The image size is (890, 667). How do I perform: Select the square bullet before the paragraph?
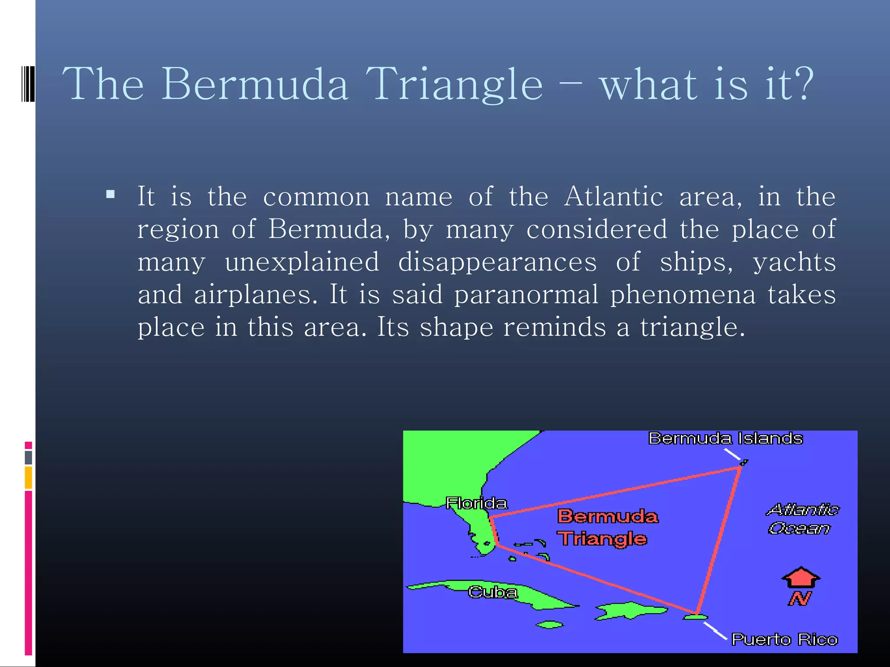110,194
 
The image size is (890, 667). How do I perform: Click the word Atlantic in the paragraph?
613,196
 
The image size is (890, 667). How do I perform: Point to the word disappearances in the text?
497,262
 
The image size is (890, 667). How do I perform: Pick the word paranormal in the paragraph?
526,295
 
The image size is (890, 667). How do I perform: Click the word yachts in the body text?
794,262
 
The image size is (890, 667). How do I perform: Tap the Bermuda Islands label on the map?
725,439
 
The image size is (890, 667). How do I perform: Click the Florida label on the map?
476,503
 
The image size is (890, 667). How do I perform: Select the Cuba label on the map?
493,592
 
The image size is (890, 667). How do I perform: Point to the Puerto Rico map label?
784,640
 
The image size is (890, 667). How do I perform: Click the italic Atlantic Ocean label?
802,519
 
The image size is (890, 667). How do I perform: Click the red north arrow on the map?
800,578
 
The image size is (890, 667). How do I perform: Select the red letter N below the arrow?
799,599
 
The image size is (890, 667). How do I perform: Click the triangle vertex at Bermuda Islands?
740,468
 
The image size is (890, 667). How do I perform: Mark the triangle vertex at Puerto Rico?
697,614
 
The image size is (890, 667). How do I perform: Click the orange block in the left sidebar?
28,477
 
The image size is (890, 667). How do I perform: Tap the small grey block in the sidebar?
28,457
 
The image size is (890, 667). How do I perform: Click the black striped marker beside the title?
28,83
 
